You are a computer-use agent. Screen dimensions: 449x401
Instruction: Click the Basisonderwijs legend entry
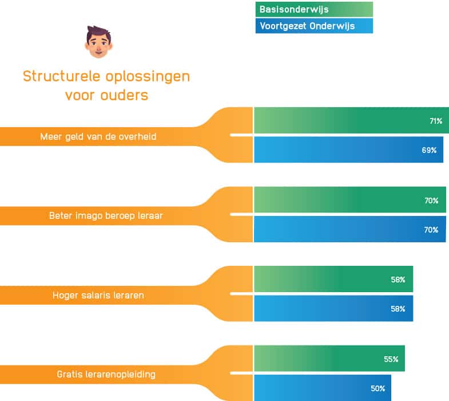tap(314, 9)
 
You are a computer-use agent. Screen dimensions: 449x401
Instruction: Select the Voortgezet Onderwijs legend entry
tap(314, 26)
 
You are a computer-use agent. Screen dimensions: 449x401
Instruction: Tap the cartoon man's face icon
tap(98, 42)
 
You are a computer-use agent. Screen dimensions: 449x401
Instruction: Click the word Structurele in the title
tap(62, 77)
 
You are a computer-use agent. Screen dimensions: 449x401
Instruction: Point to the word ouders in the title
tap(124, 95)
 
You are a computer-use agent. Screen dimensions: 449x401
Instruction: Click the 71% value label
tap(436, 121)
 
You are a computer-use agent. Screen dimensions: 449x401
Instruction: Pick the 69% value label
tap(429, 150)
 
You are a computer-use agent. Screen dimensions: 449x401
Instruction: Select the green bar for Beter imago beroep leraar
tap(350, 199)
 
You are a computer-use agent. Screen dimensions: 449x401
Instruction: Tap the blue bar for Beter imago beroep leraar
tap(350, 229)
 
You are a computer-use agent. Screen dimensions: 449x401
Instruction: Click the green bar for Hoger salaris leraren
tap(333, 279)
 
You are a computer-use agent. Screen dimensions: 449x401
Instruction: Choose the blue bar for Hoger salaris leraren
tap(333, 308)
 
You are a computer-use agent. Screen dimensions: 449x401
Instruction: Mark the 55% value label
tap(391, 359)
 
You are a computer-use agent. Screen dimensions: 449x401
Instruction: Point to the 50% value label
tap(378, 388)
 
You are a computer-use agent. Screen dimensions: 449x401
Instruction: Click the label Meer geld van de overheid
tap(98, 136)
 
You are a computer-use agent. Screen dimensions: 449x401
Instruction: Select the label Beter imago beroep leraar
tap(106, 216)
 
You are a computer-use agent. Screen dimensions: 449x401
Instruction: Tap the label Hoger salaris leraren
tap(98, 295)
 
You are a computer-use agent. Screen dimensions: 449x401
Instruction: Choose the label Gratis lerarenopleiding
tap(106, 374)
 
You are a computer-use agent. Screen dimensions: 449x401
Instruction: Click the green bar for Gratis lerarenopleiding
tap(329, 358)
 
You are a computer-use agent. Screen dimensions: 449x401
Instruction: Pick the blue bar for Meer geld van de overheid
tap(348, 150)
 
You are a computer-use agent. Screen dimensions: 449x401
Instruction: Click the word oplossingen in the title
tap(148, 77)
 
